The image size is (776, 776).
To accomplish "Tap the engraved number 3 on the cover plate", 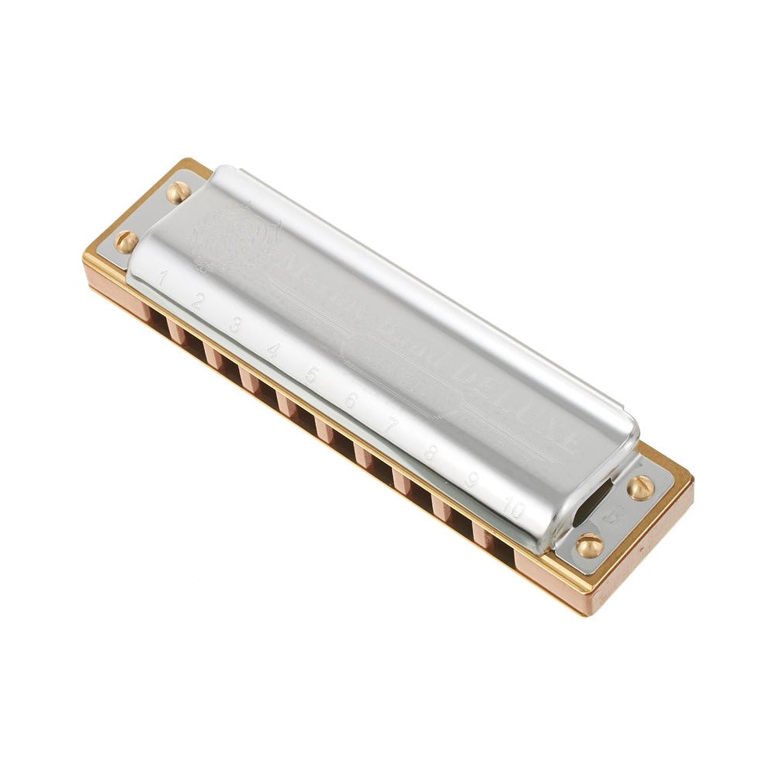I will [235, 324].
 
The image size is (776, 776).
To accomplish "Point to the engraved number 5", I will [311, 375].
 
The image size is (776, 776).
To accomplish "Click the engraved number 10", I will [513, 509].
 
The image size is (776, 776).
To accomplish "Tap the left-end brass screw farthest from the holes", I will [178, 192].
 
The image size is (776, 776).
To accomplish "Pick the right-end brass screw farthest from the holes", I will [640, 487].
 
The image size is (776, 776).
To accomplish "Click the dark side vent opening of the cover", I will [593, 497].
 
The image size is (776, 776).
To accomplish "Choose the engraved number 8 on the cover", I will [431, 452].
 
